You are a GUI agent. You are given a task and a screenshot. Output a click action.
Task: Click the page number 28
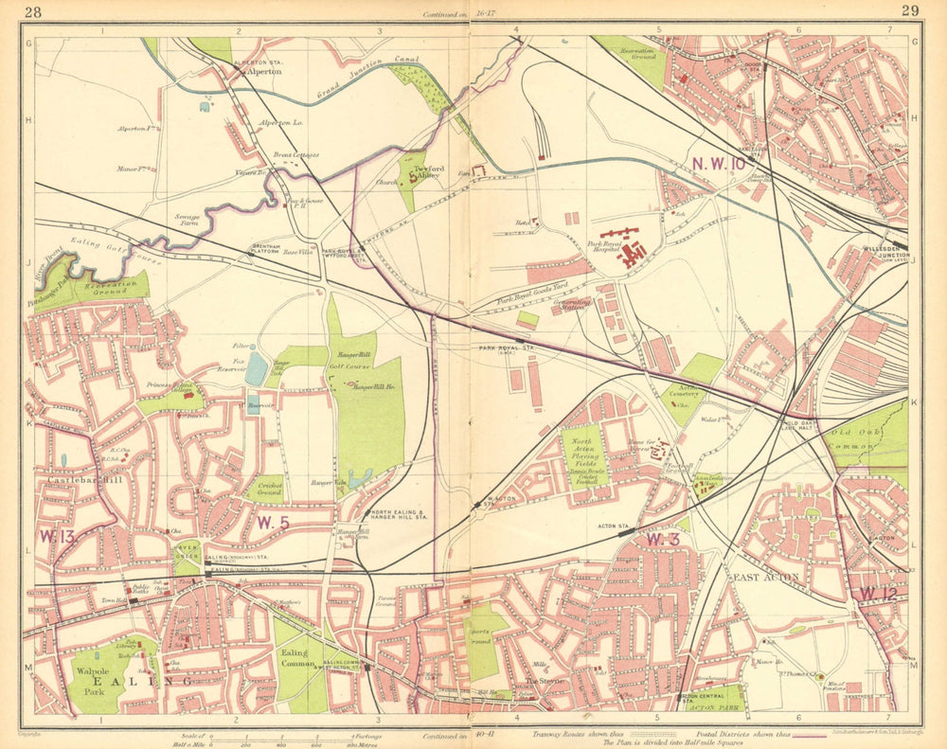click(34, 11)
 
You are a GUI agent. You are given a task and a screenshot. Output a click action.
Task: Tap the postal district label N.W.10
click(719, 164)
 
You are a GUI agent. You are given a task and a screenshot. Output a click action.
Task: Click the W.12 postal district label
click(878, 594)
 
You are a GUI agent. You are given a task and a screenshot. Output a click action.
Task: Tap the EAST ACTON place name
click(765, 577)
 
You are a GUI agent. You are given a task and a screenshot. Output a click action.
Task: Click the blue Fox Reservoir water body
click(256, 368)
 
